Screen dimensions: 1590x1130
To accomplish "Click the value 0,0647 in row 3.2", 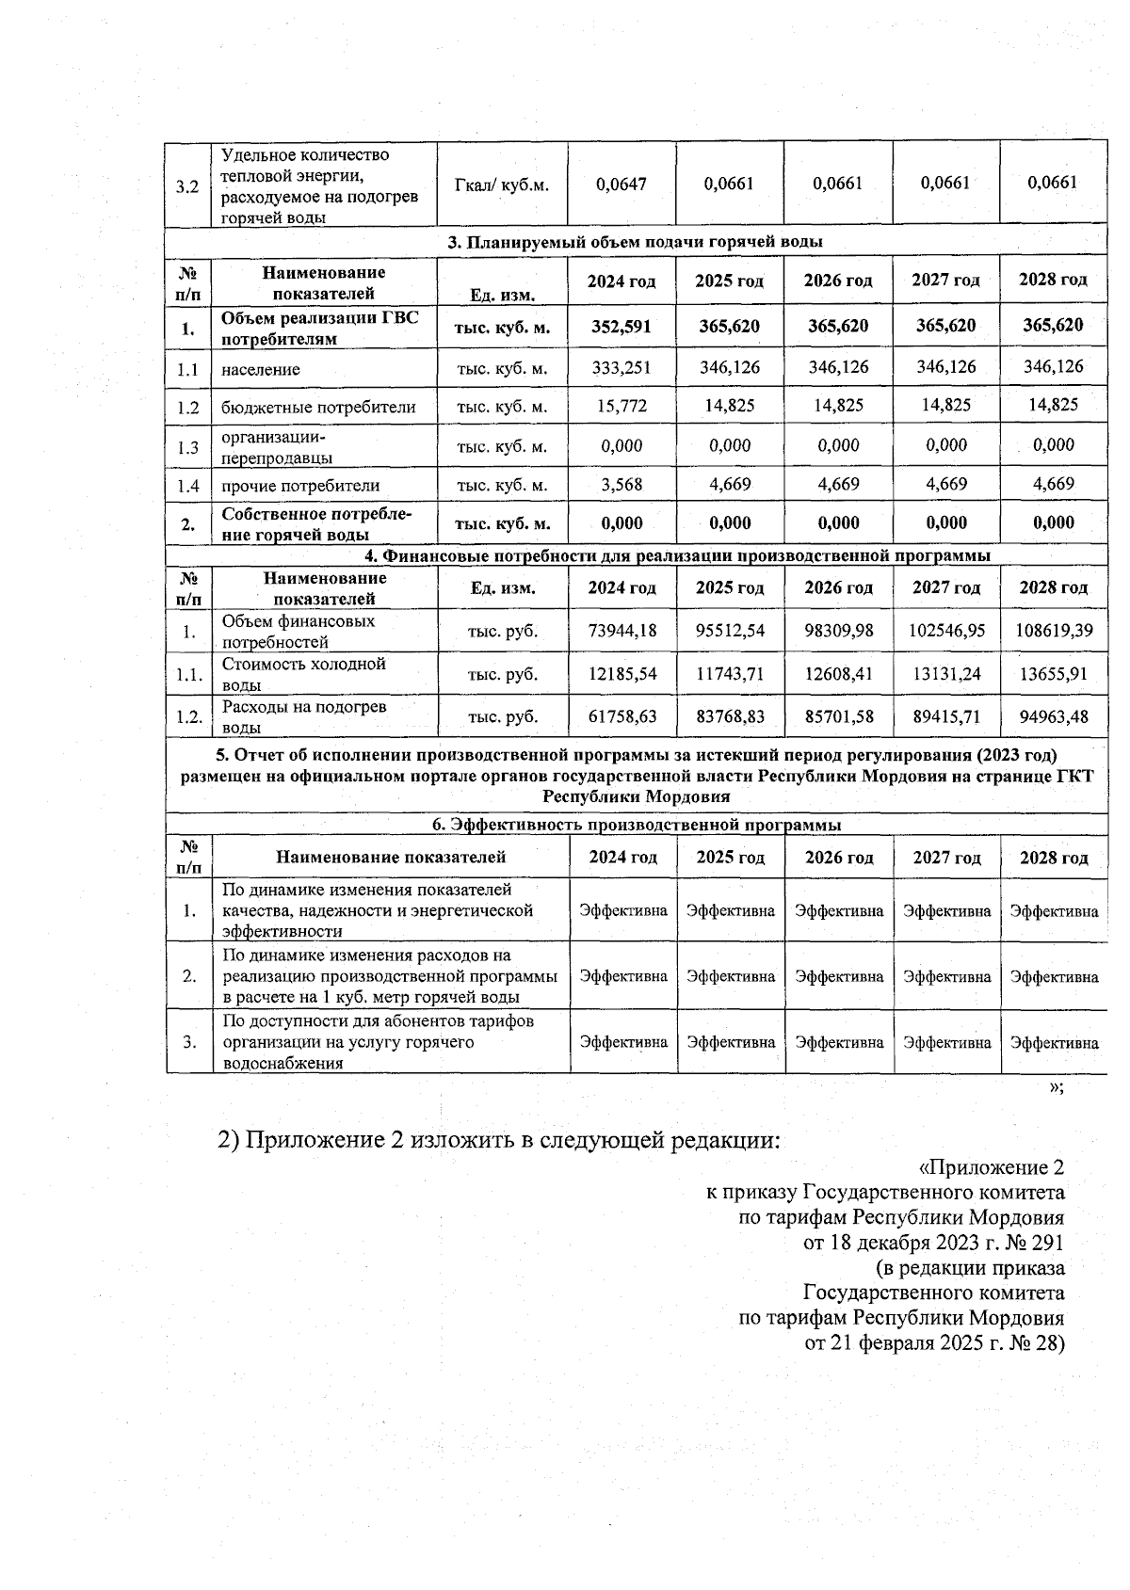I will (x=621, y=184).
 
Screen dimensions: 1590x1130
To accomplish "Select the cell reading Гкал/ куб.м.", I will (x=502, y=185).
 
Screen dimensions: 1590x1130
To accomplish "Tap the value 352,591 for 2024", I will (x=621, y=326).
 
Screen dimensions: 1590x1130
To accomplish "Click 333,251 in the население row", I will (x=621, y=367).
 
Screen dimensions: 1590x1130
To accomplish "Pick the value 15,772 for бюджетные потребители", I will (x=621, y=406).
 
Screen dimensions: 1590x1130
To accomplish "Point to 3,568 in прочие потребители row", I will (x=621, y=485).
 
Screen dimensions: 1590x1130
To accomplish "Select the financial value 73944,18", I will (x=621, y=630).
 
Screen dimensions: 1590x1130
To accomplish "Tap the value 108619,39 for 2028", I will (x=1054, y=630).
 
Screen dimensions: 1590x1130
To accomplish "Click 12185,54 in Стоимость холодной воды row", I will (x=621, y=674).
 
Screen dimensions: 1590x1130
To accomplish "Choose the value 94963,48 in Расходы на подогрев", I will (x=1054, y=716).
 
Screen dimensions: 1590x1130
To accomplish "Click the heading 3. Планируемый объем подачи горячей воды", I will (x=635, y=242).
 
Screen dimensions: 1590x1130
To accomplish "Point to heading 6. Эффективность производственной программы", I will (x=636, y=825).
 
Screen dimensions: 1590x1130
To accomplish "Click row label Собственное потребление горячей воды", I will (x=316, y=524).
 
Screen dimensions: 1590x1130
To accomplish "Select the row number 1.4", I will (x=188, y=486).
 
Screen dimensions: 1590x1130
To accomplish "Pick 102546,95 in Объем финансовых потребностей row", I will (x=945, y=630).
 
